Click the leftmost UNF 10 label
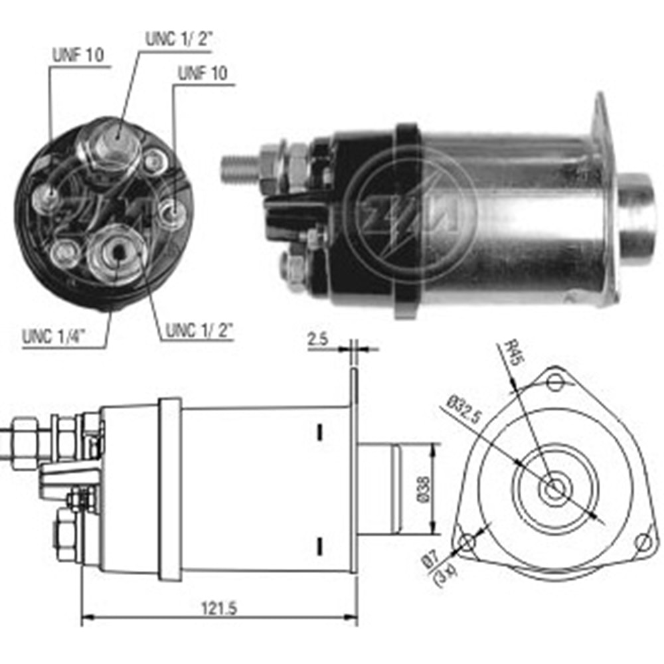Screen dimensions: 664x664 tap(76, 56)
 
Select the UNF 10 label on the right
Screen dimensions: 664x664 tap(201, 73)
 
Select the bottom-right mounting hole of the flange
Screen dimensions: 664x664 tap(642, 542)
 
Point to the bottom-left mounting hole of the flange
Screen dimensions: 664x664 tap(467, 542)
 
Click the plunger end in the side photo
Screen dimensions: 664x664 tap(637, 219)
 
